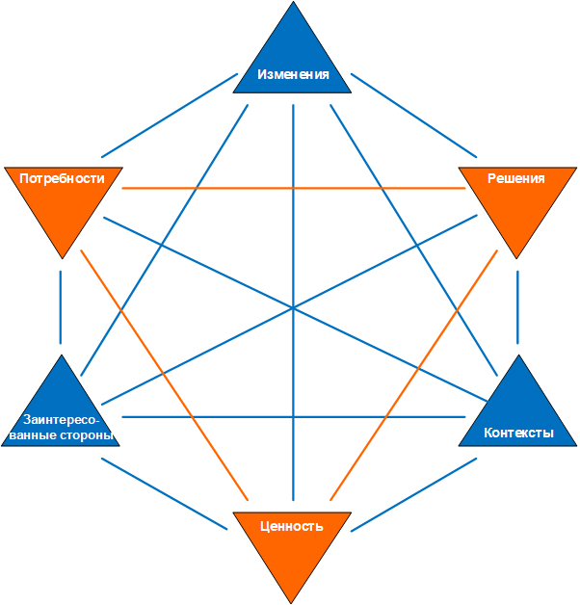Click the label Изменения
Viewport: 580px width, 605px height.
click(x=293, y=75)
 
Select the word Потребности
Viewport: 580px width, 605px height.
click(x=63, y=178)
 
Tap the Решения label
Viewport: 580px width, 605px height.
click(x=515, y=178)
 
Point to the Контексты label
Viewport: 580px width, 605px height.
click(x=518, y=433)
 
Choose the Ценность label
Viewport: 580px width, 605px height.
click(x=292, y=526)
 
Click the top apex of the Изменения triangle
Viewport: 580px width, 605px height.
click(x=293, y=3)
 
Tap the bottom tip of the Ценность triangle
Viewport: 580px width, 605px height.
click(x=292, y=600)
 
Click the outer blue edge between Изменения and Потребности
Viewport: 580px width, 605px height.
click(x=169, y=115)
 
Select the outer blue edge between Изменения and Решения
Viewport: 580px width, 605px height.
click(x=414, y=115)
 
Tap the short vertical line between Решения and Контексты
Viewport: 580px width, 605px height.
click(x=517, y=306)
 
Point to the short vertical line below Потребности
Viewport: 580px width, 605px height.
click(x=62, y=306)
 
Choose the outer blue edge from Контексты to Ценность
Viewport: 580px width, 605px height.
click(x=414, y=494)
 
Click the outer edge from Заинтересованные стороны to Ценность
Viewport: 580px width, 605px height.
click(x=167, y=494)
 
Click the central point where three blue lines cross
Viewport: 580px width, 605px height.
click(x=293, y=308)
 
